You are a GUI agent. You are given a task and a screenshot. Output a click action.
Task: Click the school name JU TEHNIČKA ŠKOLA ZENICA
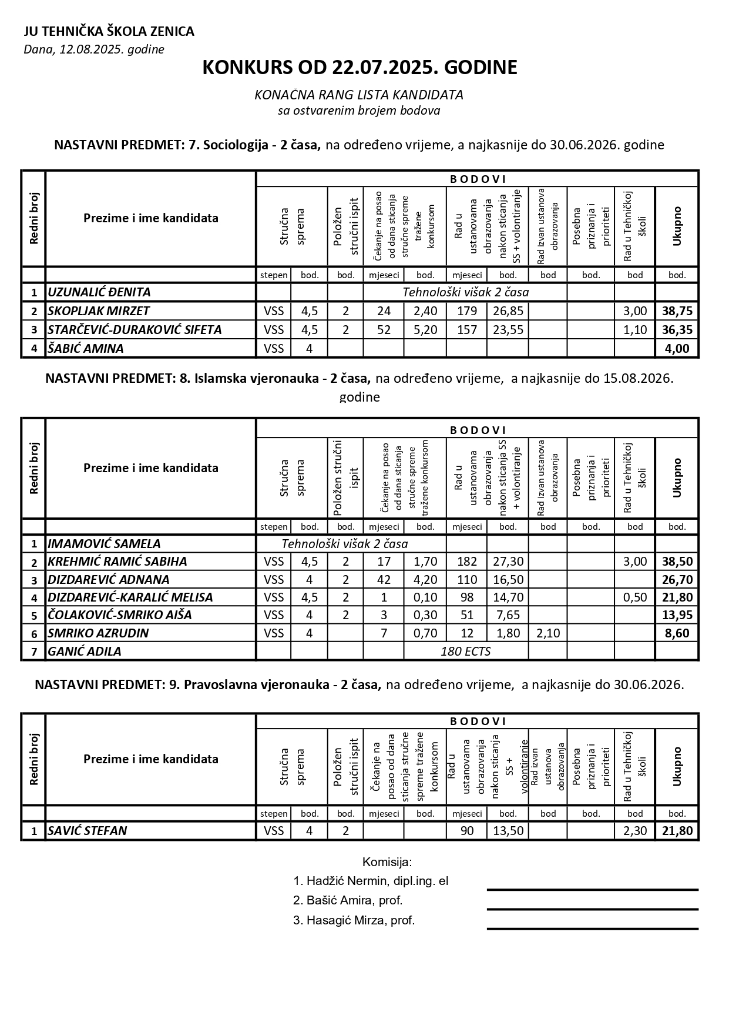tap(109, 32)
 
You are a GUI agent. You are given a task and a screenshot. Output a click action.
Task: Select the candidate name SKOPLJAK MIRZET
tap(99, 311)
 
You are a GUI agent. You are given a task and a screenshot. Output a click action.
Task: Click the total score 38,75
tap(677, 311)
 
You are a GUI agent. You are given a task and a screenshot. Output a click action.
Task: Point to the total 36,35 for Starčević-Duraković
tap(677, 330)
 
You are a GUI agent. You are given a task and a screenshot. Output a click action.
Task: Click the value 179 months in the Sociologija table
tap(467, 311)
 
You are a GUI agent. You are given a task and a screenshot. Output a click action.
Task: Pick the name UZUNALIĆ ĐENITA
tap(99, 292)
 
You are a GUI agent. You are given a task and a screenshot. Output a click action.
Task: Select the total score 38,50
tap(677, 562)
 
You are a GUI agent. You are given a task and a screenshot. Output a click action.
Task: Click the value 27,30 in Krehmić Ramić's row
tap(508, 562)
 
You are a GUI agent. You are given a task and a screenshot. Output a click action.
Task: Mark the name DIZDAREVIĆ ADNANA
tap(109, 580)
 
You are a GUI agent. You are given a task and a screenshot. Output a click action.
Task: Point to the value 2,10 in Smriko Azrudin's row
tap(547, 633)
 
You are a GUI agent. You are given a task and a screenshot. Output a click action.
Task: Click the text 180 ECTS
tap(465, 652)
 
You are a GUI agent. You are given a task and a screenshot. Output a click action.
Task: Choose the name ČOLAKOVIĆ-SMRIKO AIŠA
tap(120, 615)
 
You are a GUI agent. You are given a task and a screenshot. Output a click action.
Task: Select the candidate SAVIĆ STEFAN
tap(88, 831)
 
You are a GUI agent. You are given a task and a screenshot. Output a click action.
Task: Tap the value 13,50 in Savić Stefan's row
tap(508, 831)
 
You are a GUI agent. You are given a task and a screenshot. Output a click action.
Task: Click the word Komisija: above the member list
tap(387, 863)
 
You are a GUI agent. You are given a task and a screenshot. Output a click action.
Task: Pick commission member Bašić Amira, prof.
tap(348, 900)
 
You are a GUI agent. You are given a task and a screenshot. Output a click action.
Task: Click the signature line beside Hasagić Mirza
tap(592, 929)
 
